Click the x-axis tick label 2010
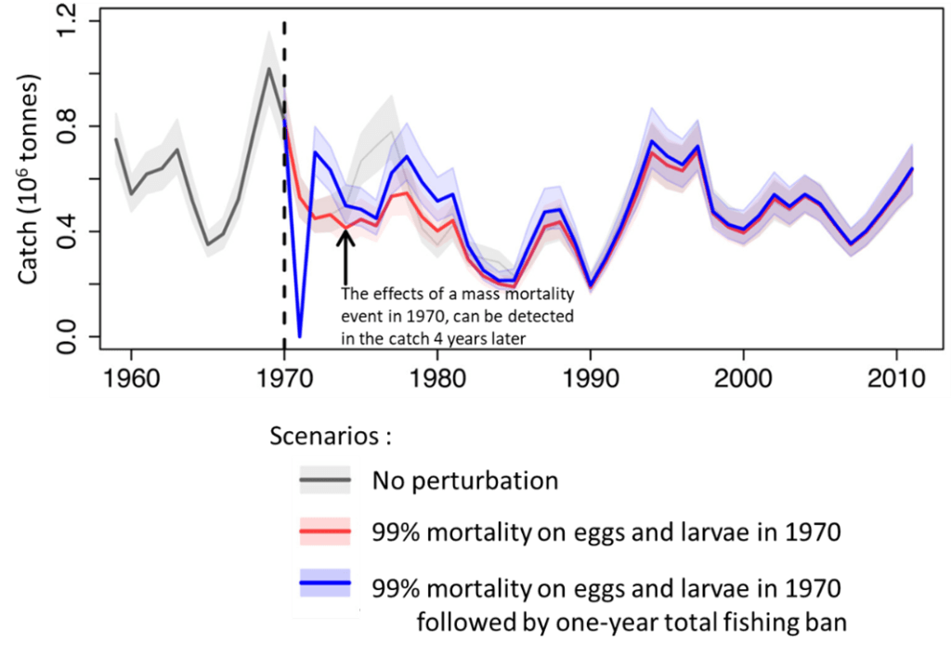(895, 381)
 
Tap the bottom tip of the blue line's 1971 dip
(299, 335)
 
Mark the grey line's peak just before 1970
(268, 69)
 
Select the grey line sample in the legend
(324, 480)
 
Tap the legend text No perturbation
(465, 481)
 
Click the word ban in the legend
(824, 622)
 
